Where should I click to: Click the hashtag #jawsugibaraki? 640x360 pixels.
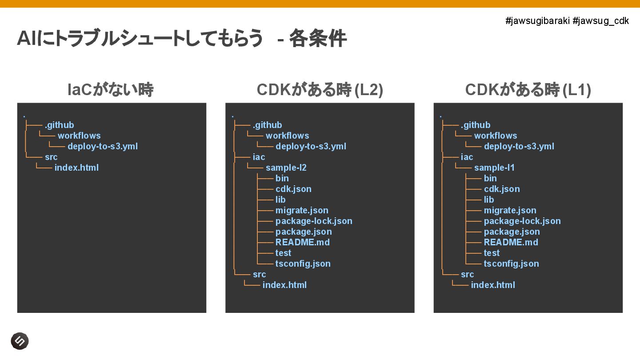pyautogui.click(x=538, y=21)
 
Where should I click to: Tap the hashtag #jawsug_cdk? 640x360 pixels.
pyautogui.click(x=601, y=21)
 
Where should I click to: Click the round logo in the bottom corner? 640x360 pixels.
pyautogui.click(x=20, y=341)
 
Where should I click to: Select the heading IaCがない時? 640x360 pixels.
pyautogui.click(x=111, y=90)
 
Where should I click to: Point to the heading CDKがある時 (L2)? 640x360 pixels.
pyautogui.click(x=320, y=90)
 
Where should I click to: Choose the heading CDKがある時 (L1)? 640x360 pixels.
pyautogui.click(x=528, y=90)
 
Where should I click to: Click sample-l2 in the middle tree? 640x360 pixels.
pyautogui.click(x=286, y=168)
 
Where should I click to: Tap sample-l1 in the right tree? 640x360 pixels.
pyautogui.click(x=494, y=168)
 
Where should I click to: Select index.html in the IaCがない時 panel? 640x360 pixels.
pyautogui.click(x=76, y=168)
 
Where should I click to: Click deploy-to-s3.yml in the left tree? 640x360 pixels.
pyautogui.click(x=103, y=146)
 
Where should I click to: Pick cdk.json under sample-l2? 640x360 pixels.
pyautogui.click(x=293, y=189)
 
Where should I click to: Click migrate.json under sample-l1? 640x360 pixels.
pyautogui.click(x=510, y=210)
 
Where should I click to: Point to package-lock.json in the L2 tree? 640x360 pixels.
pyautogui.click(x=314, y=221)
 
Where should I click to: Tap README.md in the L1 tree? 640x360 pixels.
pyautogui.click(x=511, y=242)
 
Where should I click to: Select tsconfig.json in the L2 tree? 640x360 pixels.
pyautogui.click(x=303, y=264)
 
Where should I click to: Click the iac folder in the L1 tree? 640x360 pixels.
pyautogui.click(x=467, y=157)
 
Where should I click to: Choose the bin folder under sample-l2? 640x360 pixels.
pyautogui.click(x=282, y=178)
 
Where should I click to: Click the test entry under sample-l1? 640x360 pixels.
pyautogui.click(x=492, y=253)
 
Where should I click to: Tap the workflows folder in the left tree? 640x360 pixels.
pyautogui.click(x=79, y=136)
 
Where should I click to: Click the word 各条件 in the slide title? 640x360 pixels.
pyautogui.click(x=318, y=39)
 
